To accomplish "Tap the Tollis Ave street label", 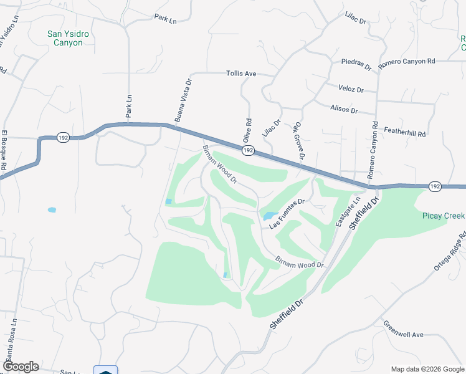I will click(x=241, y=74).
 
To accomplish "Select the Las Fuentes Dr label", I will click(x=287, y=210).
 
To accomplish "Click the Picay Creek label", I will click(x=443, y=216).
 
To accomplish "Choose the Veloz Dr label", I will click(x=351, y=89).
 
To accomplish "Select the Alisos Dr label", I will click(x=345, y=110).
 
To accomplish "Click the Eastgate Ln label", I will click(x=348, y=213).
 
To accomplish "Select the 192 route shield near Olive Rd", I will click(x=248, y=151).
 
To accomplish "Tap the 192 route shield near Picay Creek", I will click(x=435, y=186).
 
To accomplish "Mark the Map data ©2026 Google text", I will click(x=427, y=368).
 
